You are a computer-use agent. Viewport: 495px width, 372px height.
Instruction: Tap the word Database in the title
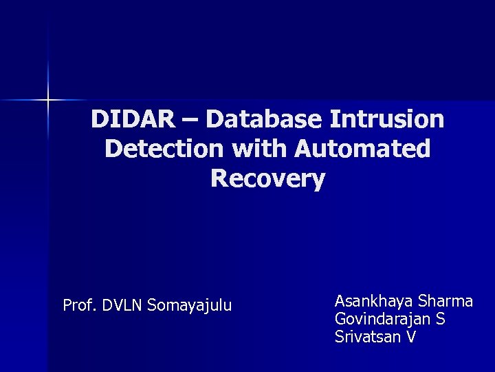263,120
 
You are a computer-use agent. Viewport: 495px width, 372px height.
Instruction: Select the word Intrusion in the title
386,120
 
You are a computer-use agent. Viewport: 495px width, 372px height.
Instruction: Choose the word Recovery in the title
268,179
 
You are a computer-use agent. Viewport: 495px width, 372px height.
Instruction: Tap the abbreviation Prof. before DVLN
80,305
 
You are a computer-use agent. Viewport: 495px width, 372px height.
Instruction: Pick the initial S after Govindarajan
441,319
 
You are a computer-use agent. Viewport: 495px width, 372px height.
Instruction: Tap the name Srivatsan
367,337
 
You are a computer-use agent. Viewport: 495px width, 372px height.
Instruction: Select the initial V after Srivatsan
411,337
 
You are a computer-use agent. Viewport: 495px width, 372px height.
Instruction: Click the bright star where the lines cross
49,101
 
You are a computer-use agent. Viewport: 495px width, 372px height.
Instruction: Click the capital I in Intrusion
335,120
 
